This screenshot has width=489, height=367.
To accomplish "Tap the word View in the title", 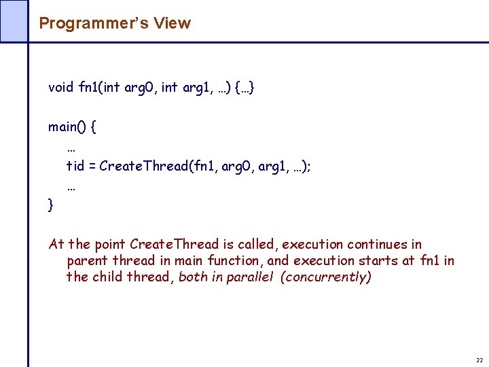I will tap(173, 23).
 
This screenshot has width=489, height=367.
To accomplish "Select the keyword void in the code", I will tap(61, 88).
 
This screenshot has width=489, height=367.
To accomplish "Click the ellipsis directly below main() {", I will tap(71, 147).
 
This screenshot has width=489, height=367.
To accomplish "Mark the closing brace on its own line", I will tap(51, 205).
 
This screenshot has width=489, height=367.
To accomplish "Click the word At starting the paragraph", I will tap(56, 244).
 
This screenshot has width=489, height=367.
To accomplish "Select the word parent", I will tap(88, 260).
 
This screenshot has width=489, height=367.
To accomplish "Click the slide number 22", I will tap(479, 360).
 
